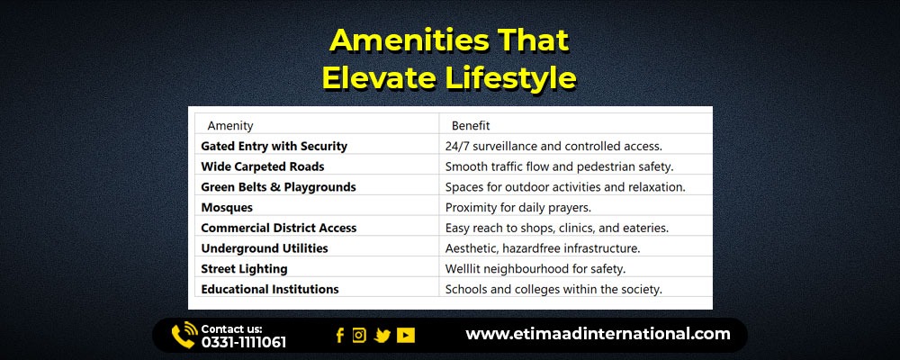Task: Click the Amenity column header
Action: click(230, 126)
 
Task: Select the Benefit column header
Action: click(471, 126)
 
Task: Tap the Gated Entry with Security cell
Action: click(274, 147)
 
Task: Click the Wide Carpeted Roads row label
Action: click(262, 167)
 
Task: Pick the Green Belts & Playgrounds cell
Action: click(278, 187)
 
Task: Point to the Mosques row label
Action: click(227, 207)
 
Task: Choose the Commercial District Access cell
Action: click(278, 228)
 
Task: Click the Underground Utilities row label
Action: click(265, 248)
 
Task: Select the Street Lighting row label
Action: click(244, 269)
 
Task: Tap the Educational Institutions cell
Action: click(270, 290)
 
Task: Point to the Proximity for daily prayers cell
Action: click(518, 207)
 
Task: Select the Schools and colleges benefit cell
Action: click(553, 290)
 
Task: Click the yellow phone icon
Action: click(184, 336)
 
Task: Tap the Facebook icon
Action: click(340, 336)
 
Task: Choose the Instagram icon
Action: click(359, 336)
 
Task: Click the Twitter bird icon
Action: click(382, 336)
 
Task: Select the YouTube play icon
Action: click(405, 336)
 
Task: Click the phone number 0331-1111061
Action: click(243, 343)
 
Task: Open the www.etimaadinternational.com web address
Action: click(598, 334)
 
